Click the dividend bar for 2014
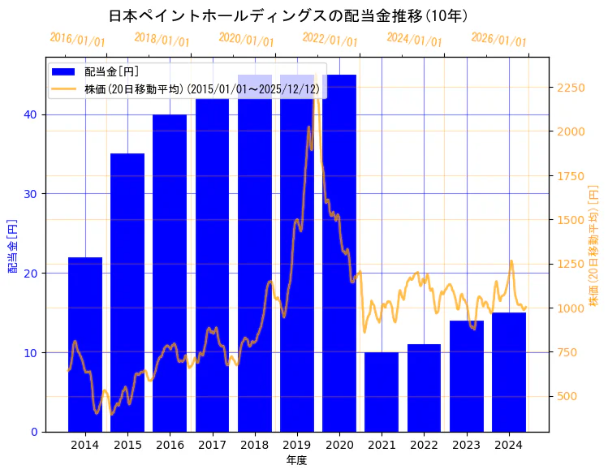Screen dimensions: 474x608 click(85, 344)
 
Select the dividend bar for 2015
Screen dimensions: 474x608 click(127, 292)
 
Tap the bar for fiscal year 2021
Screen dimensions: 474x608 click(382, 391)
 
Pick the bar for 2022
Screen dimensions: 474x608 click(424, 387)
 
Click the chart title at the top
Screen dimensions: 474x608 click(288, 15)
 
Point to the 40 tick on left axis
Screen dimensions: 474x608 click(30, 114)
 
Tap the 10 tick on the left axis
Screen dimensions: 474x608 click(30, 352)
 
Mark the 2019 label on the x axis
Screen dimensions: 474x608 click(296, 445)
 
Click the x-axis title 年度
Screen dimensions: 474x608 click(296, 460)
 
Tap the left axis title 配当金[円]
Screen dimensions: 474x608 click(12, 245)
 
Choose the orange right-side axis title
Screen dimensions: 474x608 click(593, 245)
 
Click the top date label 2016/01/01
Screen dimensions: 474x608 click(77, 39)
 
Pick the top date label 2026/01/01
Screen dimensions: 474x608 click(498, 39)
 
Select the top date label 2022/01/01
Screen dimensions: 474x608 click(330, 39)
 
